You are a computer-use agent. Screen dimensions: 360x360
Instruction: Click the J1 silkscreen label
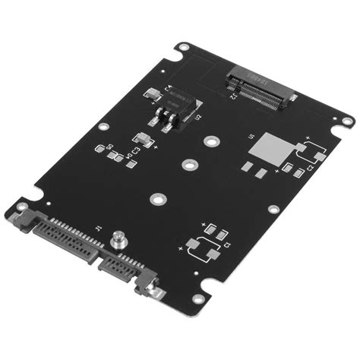97,226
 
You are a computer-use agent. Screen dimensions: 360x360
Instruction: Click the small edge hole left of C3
103,126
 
